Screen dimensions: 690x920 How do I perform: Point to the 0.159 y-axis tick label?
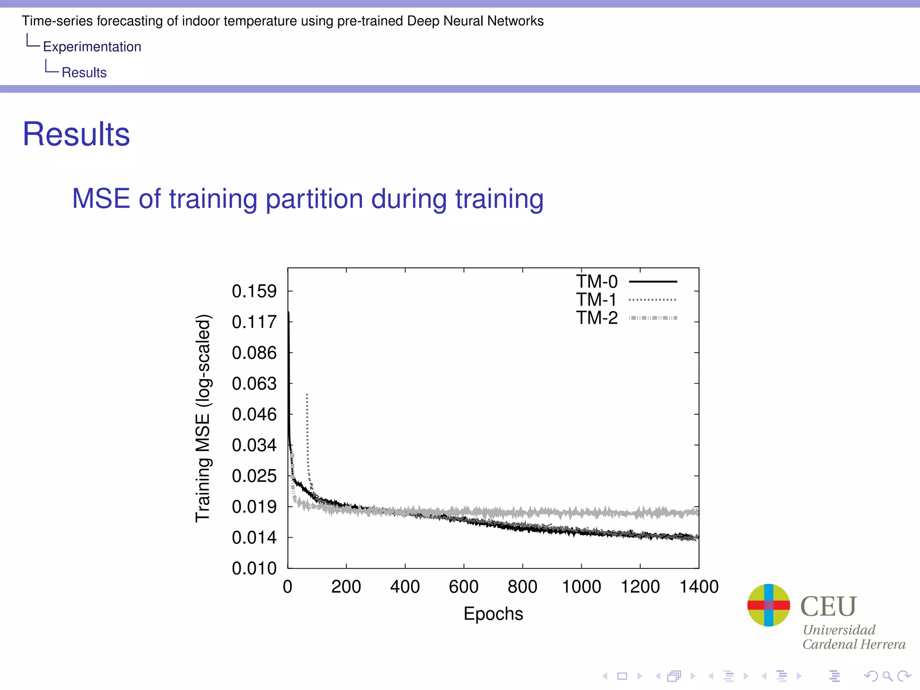tap(254, 291)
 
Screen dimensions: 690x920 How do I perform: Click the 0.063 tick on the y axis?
tap(254, 384)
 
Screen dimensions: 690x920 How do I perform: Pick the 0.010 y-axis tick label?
tap(254, 568)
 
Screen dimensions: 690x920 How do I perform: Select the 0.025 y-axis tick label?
tap(254, 476)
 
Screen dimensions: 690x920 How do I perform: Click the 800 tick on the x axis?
tap(522, 587)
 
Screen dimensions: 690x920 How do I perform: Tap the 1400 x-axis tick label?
tap(699, 587)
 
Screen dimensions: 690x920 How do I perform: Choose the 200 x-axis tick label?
tap(346, 587)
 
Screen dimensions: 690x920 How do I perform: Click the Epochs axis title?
tap(493, 614)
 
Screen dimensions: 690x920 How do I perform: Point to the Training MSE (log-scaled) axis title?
tap(203, 418)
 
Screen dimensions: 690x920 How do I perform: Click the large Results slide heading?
tap(76, 134)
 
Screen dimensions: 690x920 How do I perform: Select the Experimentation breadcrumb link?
tap(92, 47)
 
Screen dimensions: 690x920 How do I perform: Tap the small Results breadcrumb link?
tap(84, 72)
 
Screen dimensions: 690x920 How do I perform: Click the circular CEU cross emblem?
tap(769, 605)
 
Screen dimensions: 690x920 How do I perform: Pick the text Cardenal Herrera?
tap(854, 644)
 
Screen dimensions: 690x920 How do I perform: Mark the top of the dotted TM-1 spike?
tap(307, 394)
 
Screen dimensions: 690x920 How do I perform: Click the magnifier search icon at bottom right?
tap(887, 676)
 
